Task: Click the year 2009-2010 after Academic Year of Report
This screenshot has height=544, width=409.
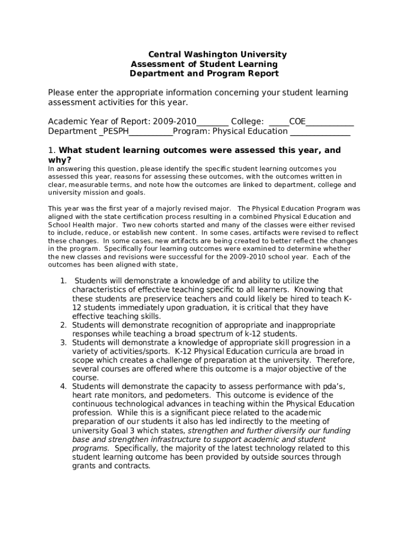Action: pos(175,122)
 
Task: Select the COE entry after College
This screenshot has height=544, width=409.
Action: pos(297,122)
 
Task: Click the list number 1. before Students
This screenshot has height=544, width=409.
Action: pos(63,281)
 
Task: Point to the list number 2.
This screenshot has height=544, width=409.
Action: pos(63,325)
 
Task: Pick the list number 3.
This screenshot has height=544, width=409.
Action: pos(63,343)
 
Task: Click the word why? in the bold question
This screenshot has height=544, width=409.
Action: pos(59,160)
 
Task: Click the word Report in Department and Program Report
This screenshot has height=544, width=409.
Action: pos(261,74)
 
